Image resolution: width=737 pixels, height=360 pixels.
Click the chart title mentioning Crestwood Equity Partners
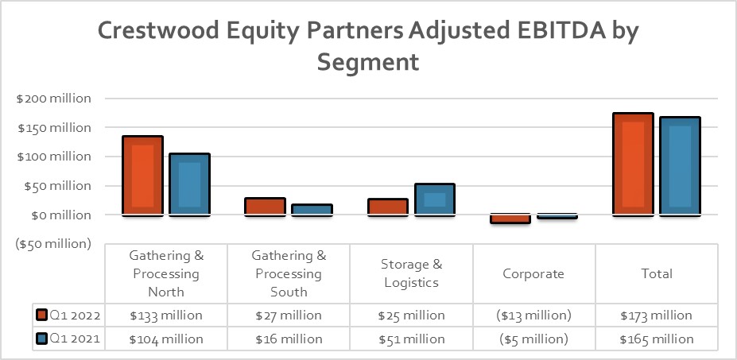(x=368, y=45)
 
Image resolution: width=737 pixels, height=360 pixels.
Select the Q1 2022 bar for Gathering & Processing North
(x=142, y=175)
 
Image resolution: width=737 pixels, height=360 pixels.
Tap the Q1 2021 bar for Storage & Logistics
(x=434, y=199)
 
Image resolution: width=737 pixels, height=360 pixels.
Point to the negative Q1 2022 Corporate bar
(x=510, y=219)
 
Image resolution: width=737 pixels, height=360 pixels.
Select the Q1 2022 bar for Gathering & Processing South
(x=265, y=206)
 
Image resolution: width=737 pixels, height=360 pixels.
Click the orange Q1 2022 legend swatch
(x=41, y=315)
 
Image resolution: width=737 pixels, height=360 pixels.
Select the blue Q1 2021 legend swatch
(x=41, y=339)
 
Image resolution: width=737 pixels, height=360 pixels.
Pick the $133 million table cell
(x=166, y=315)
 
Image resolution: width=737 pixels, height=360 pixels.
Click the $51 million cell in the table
(x=411, y=339)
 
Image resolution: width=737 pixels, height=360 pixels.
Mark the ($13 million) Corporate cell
(x=533, y=315)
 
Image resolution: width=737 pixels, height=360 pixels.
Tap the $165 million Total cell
(x=656, y=339)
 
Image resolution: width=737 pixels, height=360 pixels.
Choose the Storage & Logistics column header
(x=411, y=273)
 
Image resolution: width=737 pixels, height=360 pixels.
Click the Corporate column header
(x=533, y=273)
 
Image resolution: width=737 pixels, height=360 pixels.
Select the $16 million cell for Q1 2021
(x=289, y=339)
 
